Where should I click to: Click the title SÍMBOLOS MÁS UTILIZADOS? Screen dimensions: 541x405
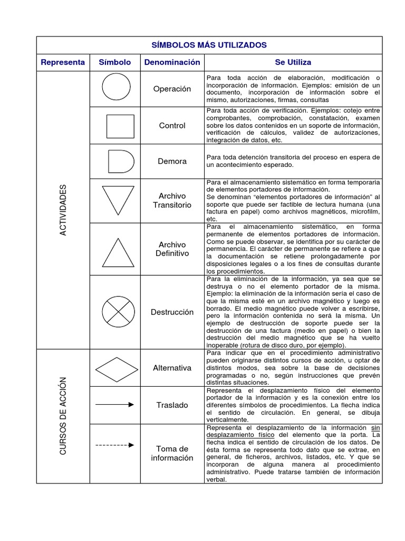[209, 45]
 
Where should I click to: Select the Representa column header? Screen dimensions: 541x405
[63, 62]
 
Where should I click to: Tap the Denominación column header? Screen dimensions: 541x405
[172, 62]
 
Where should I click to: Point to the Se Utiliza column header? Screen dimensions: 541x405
[293, 62]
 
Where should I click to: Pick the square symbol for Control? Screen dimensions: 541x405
[120, 126]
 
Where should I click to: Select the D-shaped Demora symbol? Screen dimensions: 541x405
[120, 161]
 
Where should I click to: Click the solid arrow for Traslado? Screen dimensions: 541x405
[115, 405]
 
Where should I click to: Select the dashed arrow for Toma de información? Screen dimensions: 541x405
[115, 445]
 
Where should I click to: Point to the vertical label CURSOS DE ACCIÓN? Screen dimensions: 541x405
[63, 416]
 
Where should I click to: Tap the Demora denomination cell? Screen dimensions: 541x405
[172, 161]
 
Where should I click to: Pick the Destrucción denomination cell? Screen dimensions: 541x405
[172, 312]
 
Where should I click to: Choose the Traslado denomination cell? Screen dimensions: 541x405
[172, 405]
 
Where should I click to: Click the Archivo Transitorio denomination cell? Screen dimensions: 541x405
[172, 201]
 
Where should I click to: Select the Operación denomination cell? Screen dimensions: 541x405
[172, 89]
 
